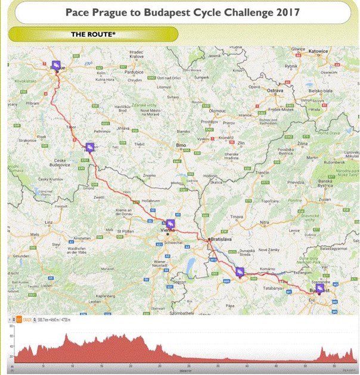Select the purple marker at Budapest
pos(320,287)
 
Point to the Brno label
pos(179,145)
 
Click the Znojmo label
pos(148,176)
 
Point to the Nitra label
pos(265,222)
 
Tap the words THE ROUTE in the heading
pos(93,34)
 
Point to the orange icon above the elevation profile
pos(19,320)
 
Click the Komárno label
pos(266,261)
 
